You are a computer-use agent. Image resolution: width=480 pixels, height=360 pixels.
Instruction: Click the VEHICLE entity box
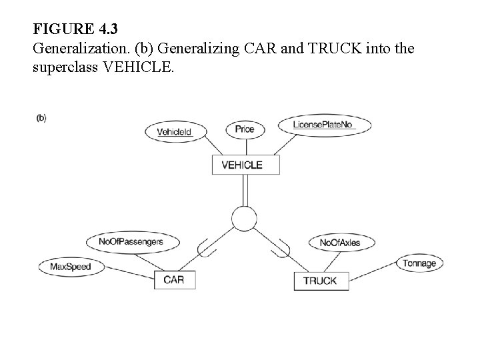pos(241,165)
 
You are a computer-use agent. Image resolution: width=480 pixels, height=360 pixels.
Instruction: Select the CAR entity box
pos(173,280)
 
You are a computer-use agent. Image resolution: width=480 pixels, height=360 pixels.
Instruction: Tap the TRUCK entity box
pos(320,281)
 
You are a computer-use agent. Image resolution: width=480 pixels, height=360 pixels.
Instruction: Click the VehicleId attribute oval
pos(174,131)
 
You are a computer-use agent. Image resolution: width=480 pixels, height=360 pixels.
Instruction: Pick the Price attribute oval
pos(245,129)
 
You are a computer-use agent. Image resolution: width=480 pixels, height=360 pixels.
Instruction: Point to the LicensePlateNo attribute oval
pos(323,125)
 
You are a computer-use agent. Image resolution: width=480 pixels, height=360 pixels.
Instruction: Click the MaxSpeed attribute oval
pos(70,267)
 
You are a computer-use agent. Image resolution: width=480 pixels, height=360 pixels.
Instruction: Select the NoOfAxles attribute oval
pos(339,243)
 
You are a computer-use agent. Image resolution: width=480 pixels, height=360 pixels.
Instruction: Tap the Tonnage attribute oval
pos(419,263)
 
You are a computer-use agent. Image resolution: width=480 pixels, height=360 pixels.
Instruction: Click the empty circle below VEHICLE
pos(243,217)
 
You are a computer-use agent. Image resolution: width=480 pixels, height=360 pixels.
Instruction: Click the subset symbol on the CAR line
pos(208,250)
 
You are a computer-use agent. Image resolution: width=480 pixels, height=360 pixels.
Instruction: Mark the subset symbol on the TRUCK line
pos(280,249)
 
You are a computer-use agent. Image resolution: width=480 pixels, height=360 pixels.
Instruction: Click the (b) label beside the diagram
pos(41,118)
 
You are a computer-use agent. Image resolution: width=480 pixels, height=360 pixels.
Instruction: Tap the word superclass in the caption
pos(64,68)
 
